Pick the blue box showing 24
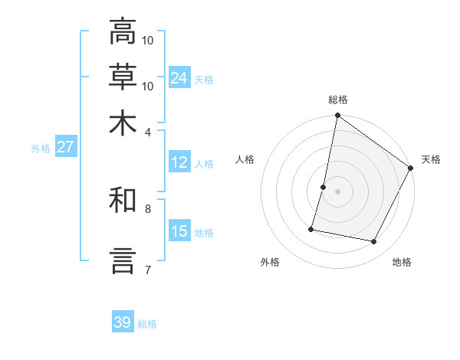[x=179, y=77]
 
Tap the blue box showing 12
[x=179, y=163]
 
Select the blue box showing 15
[x=179, y=231]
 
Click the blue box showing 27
[x=66, y=148]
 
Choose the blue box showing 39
[x=123, y=322]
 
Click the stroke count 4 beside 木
[x=147, y=132]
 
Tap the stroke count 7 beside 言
[x=147, y=270]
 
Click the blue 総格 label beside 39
[x=147, y=324]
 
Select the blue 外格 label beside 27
[x=40, y=149]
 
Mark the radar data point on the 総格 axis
[x=337, y=116]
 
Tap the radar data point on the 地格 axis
[x=374, y=242]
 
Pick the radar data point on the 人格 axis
[x=324, y=187]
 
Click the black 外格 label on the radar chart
[x=270, y=263]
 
